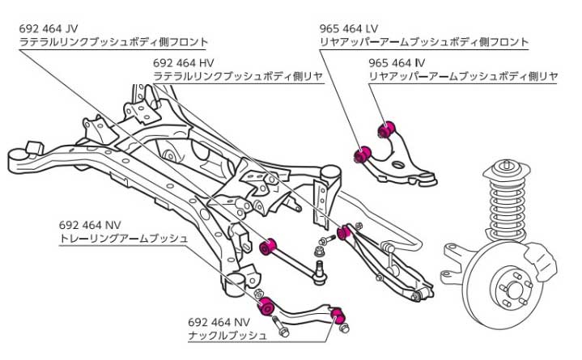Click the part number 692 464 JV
[x=49, y=27]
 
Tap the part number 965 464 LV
[x=350, y=27]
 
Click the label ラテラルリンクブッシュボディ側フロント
[x=114, y=41]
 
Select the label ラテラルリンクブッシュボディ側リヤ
[x=238, y=76]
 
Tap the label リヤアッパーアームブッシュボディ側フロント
[x=425, y=41]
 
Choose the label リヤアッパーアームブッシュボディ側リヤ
[x=463, y=76]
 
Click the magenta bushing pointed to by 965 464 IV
[x=387, y=127]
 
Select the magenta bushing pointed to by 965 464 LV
[x=364, y=151]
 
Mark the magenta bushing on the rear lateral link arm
[x=344, y=233]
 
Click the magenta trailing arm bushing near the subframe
[x=264, y=307]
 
